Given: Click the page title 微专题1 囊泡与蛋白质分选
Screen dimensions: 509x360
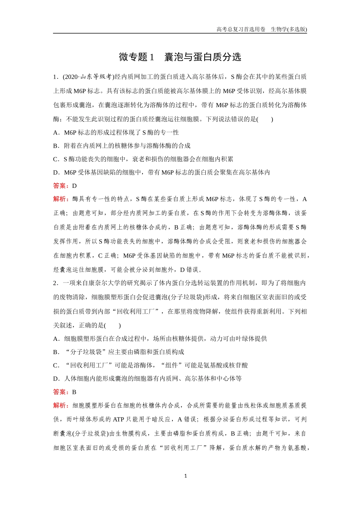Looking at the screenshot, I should coord(180,57).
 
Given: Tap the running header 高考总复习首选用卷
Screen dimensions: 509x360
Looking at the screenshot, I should coord(241,29).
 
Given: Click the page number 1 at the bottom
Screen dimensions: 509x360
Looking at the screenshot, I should coord(185,476).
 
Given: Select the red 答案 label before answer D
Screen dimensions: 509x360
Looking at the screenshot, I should coord(61,186).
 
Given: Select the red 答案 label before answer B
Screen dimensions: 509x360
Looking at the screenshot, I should coord(61,392).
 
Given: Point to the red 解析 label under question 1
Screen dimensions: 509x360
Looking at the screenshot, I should coord(61,199).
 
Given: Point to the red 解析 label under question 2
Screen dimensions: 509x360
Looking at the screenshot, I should coord(61,406).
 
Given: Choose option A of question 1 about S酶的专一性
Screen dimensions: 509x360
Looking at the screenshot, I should coord(116,133).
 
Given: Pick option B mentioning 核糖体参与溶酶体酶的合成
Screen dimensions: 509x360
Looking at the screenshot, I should coord(122,146).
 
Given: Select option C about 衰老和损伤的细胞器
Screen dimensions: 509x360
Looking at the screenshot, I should coord(143,159).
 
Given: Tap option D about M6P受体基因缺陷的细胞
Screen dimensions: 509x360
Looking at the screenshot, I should coord(161,173).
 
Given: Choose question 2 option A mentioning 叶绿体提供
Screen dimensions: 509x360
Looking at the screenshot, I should coord(160,339).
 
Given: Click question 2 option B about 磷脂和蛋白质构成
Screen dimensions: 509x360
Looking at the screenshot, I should coord(119,352).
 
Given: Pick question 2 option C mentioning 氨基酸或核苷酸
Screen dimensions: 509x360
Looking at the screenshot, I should coord(150,365).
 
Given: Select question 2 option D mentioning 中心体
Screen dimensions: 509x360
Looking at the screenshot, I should coord(147,379).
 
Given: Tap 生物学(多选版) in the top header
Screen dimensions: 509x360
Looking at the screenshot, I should coord(289,29).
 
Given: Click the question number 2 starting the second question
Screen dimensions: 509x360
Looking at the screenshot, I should coord(55,283).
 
